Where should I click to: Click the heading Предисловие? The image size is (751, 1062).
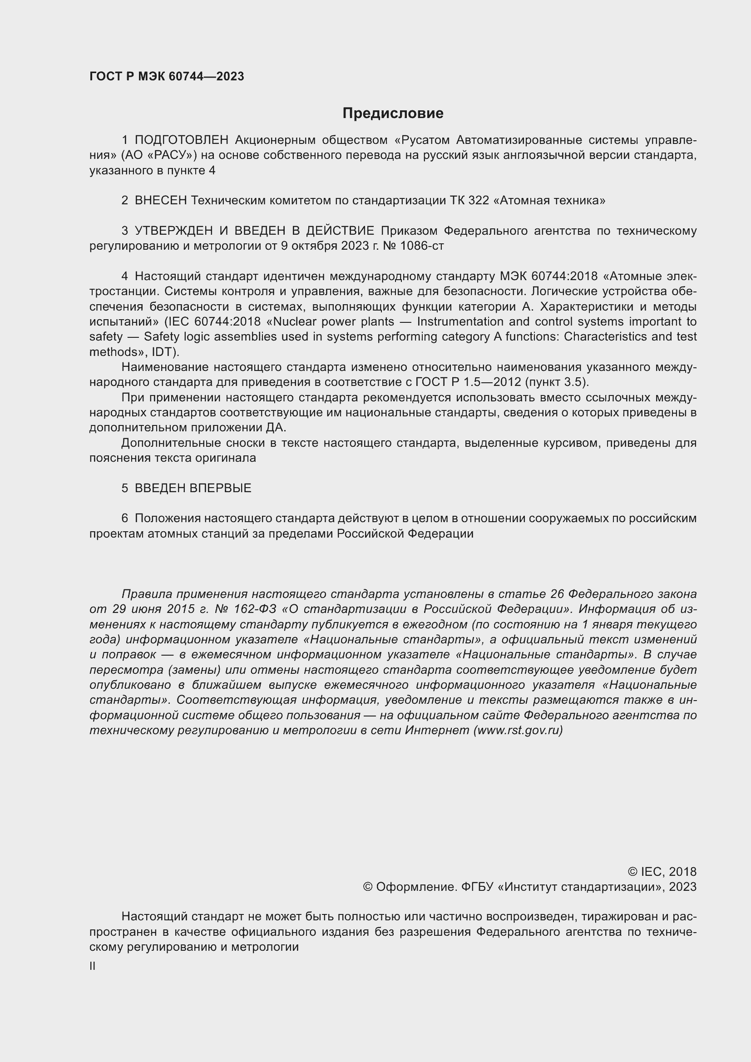point(393,114)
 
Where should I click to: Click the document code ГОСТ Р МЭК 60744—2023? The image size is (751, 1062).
point(167,77)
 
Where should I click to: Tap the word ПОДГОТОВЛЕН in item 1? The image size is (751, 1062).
point(181,140)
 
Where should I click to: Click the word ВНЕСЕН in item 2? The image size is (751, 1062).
point(160,200)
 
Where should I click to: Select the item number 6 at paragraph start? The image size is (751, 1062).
point(124,518)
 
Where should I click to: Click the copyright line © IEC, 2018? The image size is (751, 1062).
point(662,871)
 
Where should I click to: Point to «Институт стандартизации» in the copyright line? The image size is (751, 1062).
point(578,887)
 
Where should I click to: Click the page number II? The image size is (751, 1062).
point(93,966)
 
